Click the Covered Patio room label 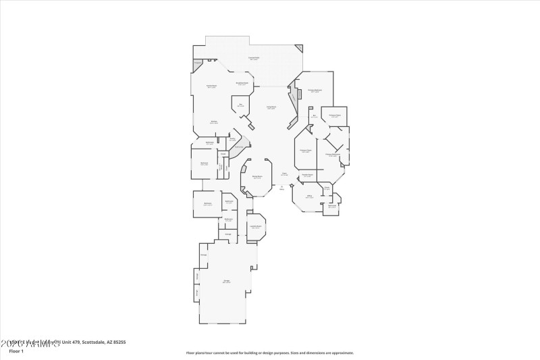click(x=254, y=59)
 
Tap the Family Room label click(x=211, y=86)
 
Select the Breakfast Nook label click(x=242, y=83)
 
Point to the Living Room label click(x=271, y=107)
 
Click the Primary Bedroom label click(x=315, y=90)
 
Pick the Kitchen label click(x=213, y=122)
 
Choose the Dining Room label click(x=257, y=177)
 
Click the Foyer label click(x=284, y=174)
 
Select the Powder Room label click(x=307, y=175)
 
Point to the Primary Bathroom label click(x=332, y=155)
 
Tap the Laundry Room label click(x=255, y=227)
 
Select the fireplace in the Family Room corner click(x=198, y=65)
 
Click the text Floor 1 click(x=16, y=351)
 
